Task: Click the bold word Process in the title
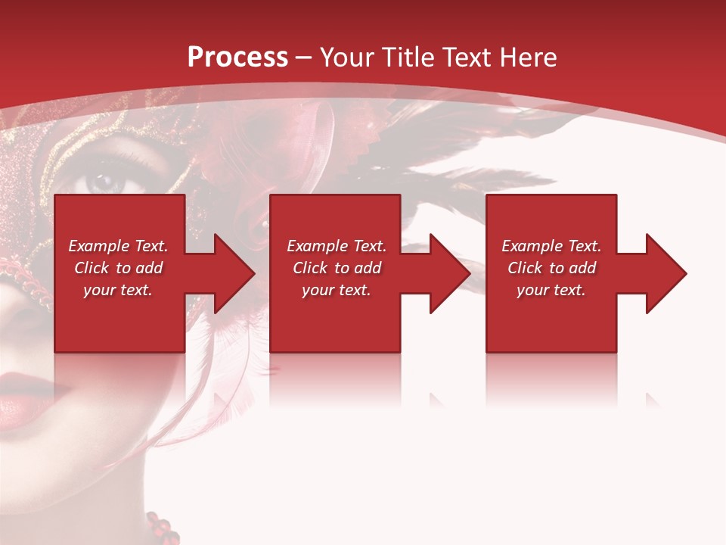(x=237, y=57)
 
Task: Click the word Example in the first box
(x=98, y=246)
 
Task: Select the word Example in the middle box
(x=316, y=246)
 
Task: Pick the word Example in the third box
(x=531, y=246)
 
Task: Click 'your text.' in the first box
(x=118, y=290)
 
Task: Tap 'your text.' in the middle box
(x=337, y=290)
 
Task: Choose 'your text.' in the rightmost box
(x=551, y=290)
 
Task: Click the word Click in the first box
(x=92, y=268)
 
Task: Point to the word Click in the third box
(x=525, y=268)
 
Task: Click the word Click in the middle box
(x=310, y=268)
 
